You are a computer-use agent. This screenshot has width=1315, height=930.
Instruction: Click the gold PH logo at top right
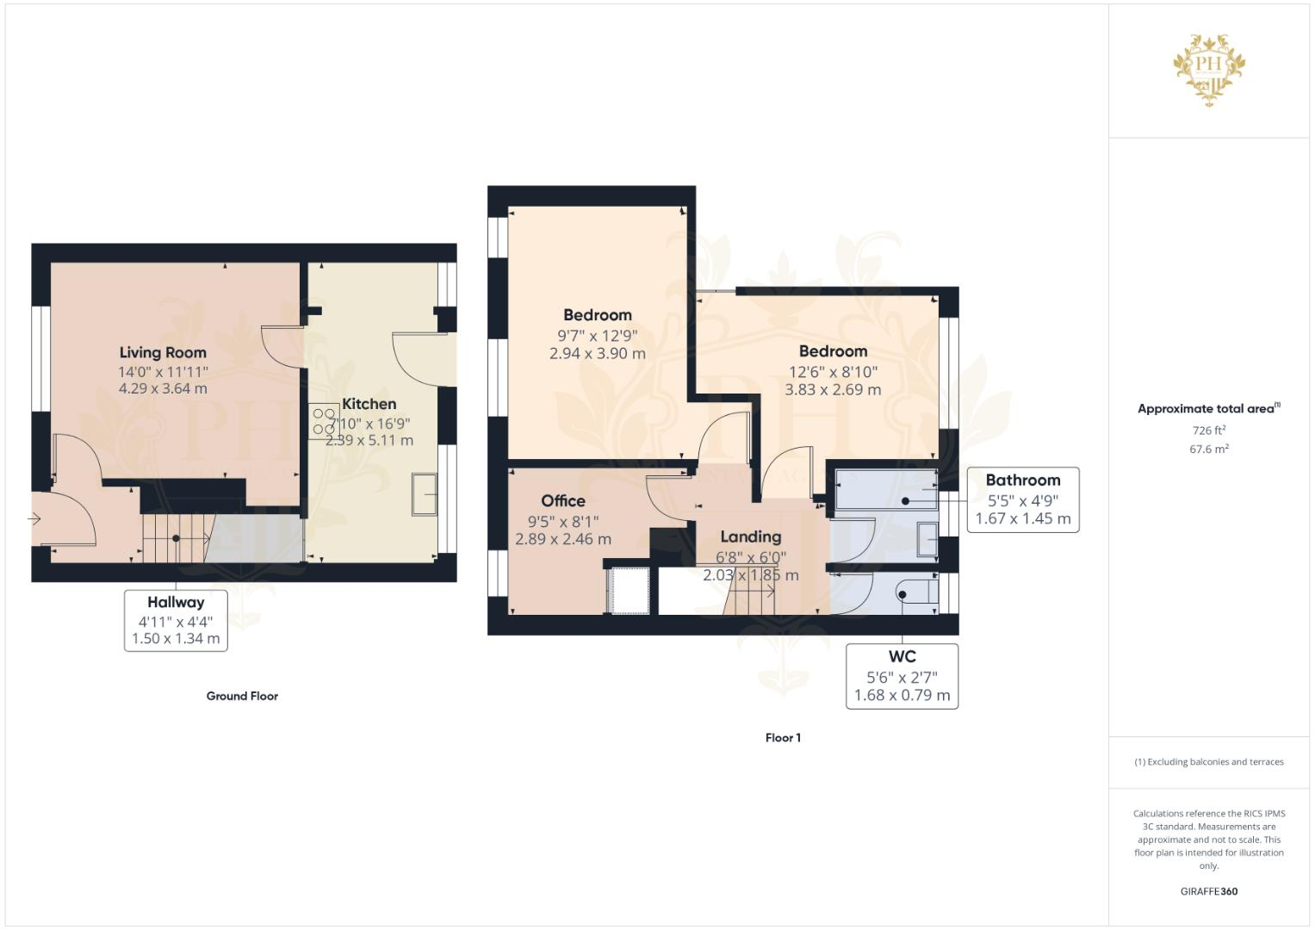(1209, 70)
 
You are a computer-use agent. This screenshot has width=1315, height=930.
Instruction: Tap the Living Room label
(163, 352)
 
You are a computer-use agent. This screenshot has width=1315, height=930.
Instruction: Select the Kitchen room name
(369, 404)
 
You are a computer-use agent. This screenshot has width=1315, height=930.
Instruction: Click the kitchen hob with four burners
(324, 422)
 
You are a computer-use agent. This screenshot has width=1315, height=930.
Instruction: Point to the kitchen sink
(424, 494)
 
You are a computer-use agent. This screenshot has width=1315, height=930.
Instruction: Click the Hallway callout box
(176, 620)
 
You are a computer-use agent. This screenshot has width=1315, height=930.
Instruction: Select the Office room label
(563, 501)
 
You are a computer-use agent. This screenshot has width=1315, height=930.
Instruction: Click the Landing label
(750, 536)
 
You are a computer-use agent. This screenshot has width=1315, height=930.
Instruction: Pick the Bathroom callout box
(1022, 499)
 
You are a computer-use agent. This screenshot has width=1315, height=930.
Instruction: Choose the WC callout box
(902, 676)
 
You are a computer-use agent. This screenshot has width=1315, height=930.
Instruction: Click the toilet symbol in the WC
(915, 593)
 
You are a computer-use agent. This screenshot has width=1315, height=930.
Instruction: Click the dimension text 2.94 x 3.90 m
(597, 353)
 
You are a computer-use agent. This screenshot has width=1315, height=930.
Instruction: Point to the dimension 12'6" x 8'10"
(833, 372)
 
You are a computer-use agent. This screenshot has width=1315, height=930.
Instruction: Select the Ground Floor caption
(242, 696)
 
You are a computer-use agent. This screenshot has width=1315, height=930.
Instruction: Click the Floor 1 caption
(783, 737)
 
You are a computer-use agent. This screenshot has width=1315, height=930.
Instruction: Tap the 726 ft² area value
(1208, 430)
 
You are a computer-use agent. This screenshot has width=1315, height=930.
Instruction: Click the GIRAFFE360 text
(1208, 891)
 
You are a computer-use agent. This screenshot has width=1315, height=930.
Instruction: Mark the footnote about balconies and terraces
(1208, 762)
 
